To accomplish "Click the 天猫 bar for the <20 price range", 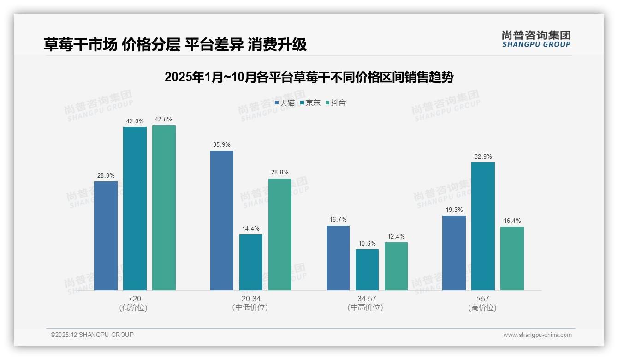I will (106, 235).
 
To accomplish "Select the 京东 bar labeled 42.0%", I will (135, 208).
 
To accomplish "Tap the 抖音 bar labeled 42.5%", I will (164, 207).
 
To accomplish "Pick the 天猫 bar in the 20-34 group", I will (222, 220).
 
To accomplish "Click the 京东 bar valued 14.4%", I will (251, 262).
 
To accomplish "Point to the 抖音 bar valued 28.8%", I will (280, 234).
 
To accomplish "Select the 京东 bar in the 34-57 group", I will (367, 270).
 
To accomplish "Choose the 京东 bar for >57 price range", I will (483, 226).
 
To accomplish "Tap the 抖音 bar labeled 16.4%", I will (512, 258).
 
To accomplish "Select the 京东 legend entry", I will (310, 102).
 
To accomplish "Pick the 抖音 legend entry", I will (336, 102).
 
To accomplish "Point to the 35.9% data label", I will (222, 144).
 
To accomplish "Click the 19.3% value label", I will (454, 210).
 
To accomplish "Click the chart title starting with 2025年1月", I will (309, 77).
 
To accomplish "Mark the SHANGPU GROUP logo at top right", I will (536, 39).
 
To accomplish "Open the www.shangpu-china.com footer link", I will (537, 335).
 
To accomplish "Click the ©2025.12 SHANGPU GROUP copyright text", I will (92, 335).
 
